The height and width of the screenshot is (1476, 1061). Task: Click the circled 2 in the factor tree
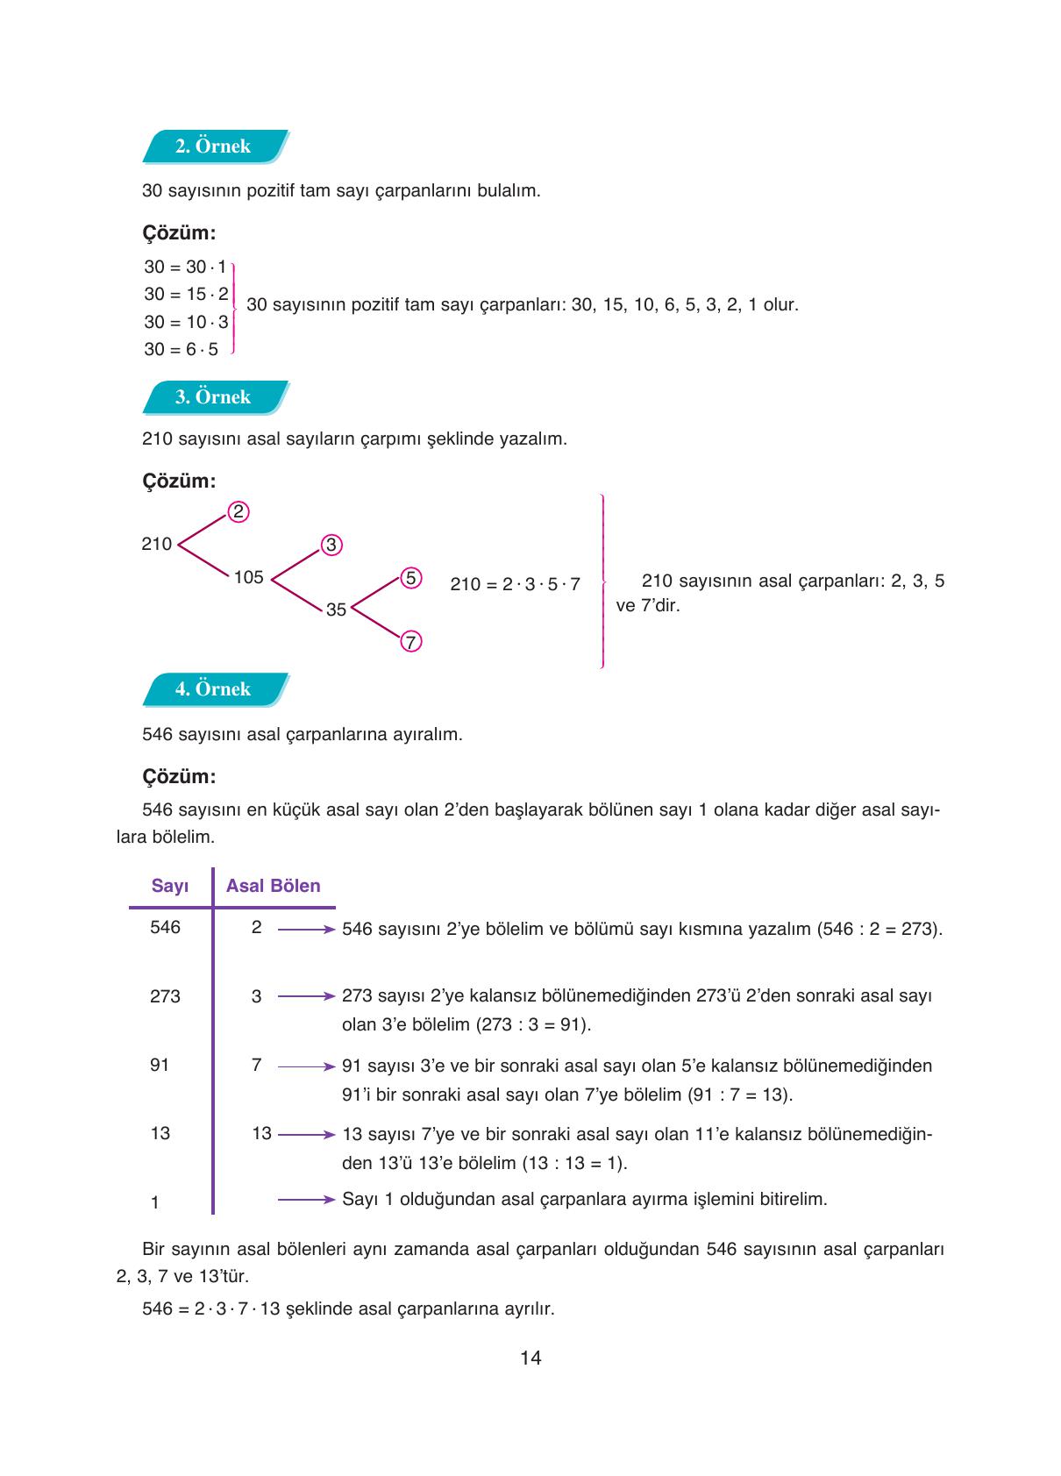pyautogui.click(x=239, y=512)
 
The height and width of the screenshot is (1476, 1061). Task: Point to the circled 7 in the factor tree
pyautogui.click(x=410, y=642)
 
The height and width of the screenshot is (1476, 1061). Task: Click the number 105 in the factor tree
pyautogui.click(x=249, y=577)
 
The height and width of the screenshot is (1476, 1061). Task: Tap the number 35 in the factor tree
pyautogui.click(x=336, y=610)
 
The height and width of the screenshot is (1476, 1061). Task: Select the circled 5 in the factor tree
pyautogui.click(x=410, y=578)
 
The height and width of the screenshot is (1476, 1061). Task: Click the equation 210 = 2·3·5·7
pyautogui.click(x=515, y=584)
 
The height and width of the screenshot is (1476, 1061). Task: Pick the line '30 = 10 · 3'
pyautogui.click(x=186, y=322)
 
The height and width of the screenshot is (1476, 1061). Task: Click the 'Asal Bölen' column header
pyautogui.click(x=273, y=886)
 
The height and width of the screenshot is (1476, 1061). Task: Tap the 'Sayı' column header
pyautogui.click(x=170, y=886)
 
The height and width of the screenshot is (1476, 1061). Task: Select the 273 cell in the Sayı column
pyautogui.click(x=165, y=996)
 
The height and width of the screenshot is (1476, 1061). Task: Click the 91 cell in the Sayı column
pyautogui.click(x=160, y=1065)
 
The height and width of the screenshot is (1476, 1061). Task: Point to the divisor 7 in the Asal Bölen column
pyautogui.click(x=256, y=1065)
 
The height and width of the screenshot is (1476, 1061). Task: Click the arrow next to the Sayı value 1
pyautogui.click(x=306, y=1200)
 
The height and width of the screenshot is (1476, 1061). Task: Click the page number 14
pyautogui.click(x=530, y=1358)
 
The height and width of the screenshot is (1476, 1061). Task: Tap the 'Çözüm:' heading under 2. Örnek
pyautogui.click(x=179, y=233)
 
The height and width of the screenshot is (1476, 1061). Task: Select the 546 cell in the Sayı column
pyautogui.click(x=165, y=927)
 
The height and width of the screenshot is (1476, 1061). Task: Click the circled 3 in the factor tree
pyautogui.click(x=331, y=545)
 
